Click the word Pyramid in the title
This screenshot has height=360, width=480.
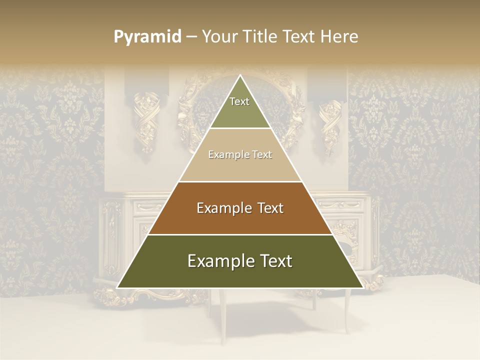point(147,37)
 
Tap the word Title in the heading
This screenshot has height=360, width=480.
point(263,37)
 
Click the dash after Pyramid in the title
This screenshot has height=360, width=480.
point(191,37)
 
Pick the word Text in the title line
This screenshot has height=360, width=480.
point(300,37)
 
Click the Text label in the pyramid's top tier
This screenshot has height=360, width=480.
point(239,101)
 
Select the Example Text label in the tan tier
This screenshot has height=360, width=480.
point(240,155)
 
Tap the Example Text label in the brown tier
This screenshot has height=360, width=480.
point(240,208)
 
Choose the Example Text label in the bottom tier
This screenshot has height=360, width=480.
point(240,261)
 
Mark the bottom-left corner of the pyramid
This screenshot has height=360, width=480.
point(117,287)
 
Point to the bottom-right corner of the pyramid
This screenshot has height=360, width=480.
point(363,287)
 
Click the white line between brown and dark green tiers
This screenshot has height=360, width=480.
point(240,234)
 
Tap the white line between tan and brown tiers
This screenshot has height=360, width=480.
point(240,181)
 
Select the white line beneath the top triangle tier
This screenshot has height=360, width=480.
point(240,128)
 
